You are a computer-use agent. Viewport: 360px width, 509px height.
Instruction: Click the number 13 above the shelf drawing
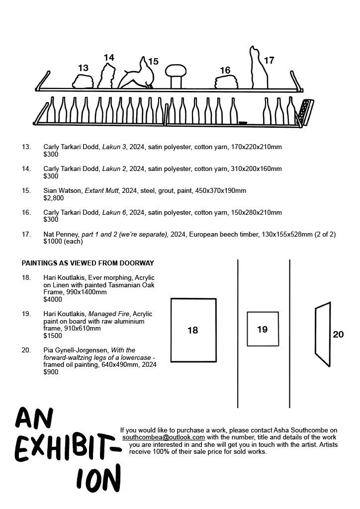83,68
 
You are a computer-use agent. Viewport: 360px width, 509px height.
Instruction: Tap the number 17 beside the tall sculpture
269,61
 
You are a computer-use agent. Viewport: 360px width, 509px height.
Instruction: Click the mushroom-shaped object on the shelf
175,76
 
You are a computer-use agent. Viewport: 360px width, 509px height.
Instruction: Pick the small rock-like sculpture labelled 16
229,83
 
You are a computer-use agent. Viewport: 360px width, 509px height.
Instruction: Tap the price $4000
53,300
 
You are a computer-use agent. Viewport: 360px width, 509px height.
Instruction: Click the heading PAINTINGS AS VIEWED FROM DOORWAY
88,263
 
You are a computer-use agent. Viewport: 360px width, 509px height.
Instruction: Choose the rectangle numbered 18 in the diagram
193,330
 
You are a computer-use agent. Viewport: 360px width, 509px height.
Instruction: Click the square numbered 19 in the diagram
262,329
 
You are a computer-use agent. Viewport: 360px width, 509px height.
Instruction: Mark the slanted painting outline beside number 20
322,334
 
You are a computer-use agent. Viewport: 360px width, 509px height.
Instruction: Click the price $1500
53,336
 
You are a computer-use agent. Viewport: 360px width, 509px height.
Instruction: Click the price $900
51,372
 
